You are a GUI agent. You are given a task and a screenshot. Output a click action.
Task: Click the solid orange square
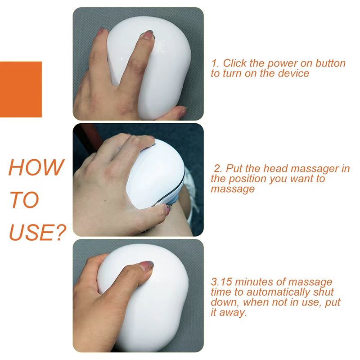21,89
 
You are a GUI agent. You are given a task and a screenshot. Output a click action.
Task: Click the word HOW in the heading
36,167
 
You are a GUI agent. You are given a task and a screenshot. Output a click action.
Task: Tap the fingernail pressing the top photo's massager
148,34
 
